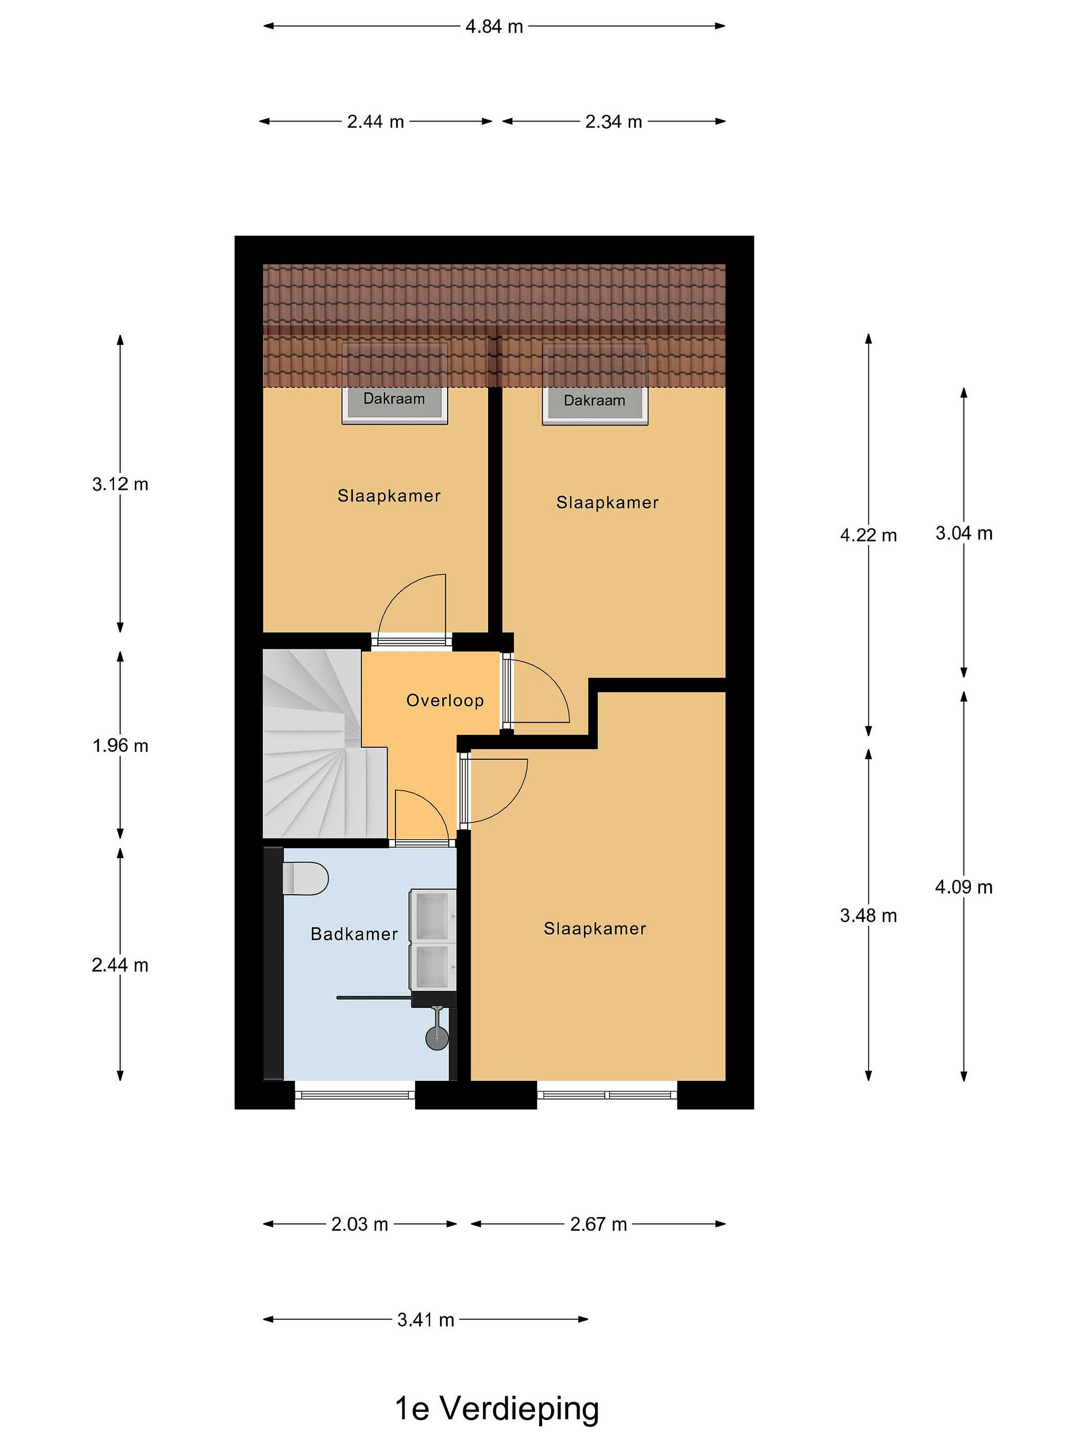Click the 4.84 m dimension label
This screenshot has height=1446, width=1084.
[494, 27]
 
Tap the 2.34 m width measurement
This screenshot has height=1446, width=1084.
[614, 122]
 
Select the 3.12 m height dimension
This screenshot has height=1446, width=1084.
[120, 485]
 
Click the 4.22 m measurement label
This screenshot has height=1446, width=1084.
[868, 535]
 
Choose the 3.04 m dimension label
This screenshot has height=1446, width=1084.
[964, 533]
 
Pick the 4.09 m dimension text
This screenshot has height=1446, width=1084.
[964, 887]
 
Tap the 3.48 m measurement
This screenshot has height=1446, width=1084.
[868, 916]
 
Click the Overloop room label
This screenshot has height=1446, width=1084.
[445, 701]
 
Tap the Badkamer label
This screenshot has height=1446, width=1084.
[354, 934]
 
